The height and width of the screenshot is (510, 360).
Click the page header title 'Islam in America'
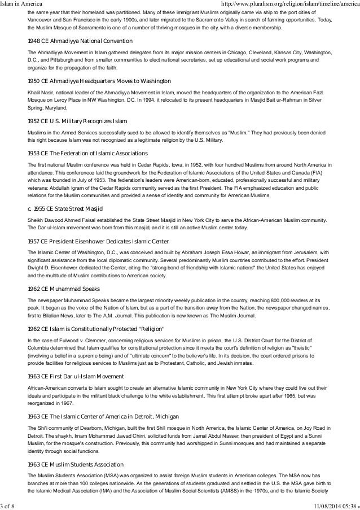point(26,5)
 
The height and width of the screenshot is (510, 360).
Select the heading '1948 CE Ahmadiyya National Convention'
point(80,42)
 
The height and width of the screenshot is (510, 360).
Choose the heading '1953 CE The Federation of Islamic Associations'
point(87,154)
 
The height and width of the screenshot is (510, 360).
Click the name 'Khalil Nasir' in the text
point(40,91)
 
